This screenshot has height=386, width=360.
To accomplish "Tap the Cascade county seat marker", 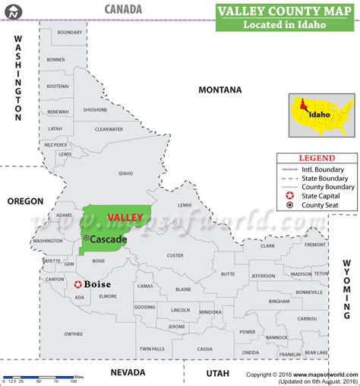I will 86,239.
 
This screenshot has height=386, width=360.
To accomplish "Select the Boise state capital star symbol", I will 77,285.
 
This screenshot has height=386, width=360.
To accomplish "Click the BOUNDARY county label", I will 70,33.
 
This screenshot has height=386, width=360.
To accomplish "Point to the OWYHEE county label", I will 73,334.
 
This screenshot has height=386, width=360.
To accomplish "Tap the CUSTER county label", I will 175,255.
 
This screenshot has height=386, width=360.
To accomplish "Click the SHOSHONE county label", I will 95,109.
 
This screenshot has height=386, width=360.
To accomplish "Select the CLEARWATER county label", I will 109,129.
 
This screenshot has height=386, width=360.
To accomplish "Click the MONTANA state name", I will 219,90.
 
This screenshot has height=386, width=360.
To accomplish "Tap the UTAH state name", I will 216,372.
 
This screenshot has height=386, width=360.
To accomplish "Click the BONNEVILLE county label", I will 309,292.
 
